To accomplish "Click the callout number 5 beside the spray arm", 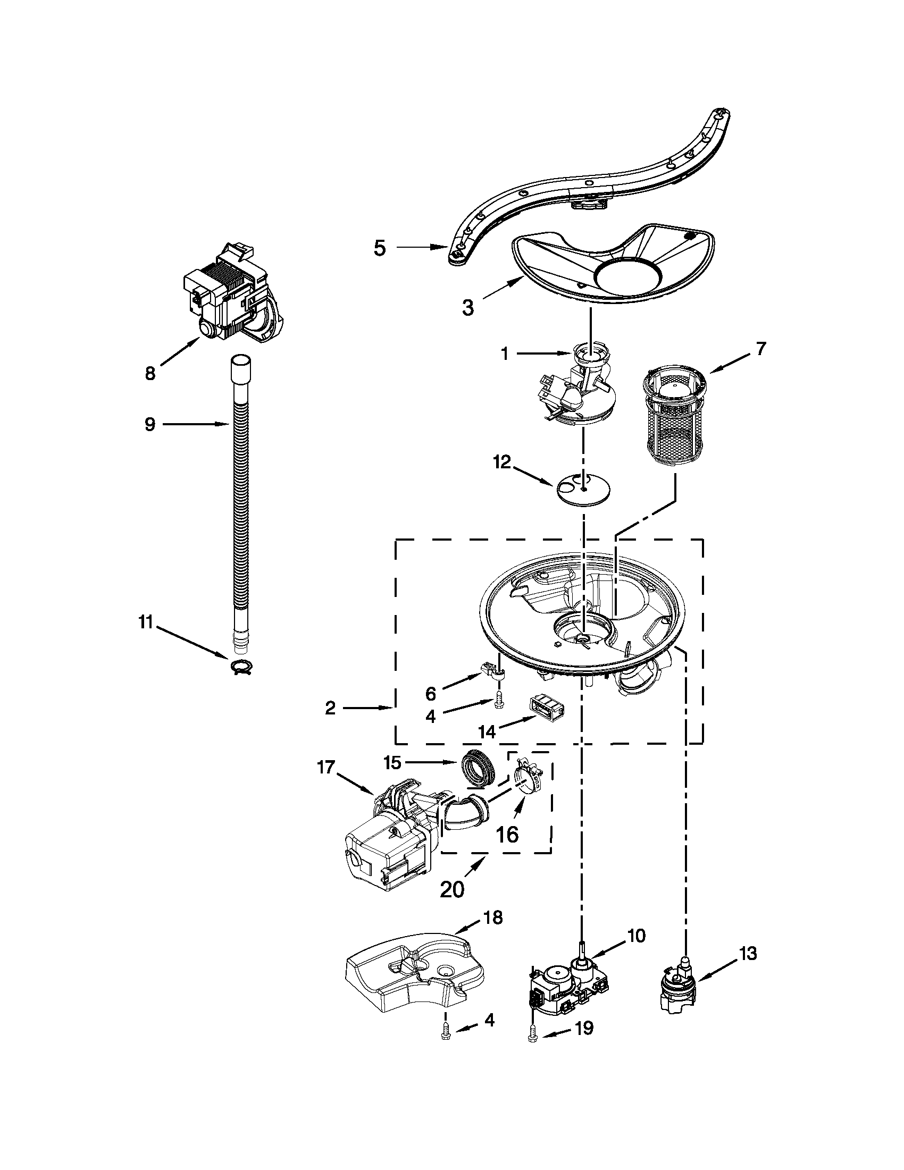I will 379,248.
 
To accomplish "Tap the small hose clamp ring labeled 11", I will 242,667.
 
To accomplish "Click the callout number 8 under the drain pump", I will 150,373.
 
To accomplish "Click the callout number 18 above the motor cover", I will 492,918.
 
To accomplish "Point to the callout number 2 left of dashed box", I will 330,708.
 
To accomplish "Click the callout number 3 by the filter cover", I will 468,308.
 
